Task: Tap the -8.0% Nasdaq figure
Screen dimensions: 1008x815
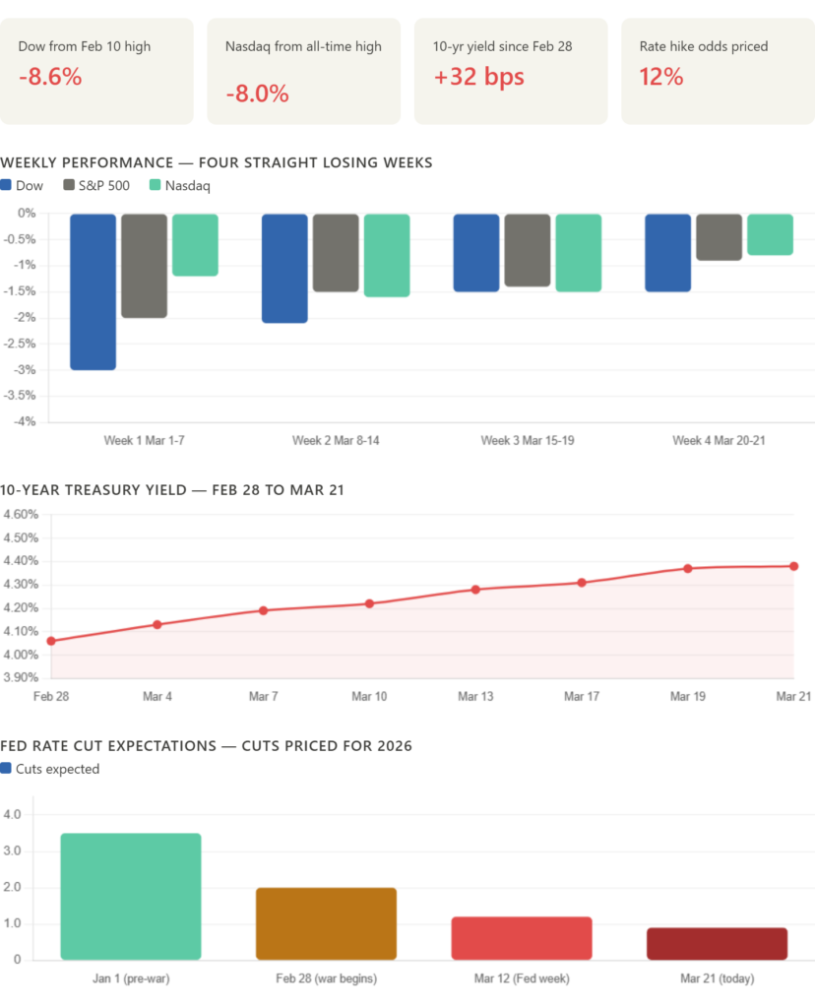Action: (x=257, y=94)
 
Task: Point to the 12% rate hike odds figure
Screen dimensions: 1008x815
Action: (x=661, y=77)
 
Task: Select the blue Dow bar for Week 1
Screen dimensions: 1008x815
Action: (x=93, y=291)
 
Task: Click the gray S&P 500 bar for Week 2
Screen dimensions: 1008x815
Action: (x=336, y=253)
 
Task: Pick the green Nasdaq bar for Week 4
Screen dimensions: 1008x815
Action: (x=770, y=235)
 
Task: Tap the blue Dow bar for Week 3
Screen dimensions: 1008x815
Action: (x=476, y=253)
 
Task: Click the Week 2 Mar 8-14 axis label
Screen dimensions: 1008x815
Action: (x=336, y=440)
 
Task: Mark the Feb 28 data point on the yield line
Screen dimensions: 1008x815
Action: (x=51, y=641)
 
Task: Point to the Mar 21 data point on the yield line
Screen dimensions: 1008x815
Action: (x=794, y=566)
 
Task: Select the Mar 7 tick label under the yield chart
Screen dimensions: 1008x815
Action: (x=263, y=696)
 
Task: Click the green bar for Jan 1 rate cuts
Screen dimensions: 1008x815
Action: (x=131, y=896)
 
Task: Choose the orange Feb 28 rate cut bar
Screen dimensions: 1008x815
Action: (x=326, y=923)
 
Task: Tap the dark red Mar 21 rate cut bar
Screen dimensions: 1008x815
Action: (x=717, y=943)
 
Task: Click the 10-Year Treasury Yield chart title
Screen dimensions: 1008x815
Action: (x=172, y=490)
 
